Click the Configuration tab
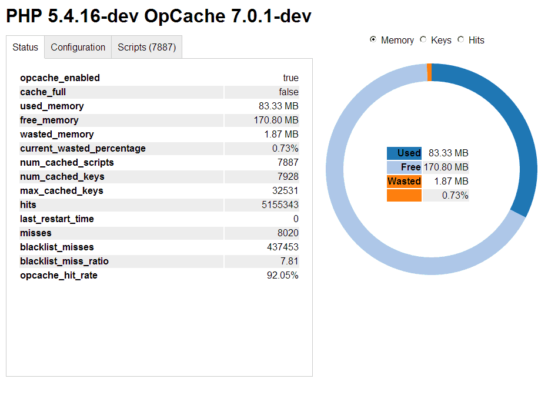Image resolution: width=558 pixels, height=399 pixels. pyautogui.click(x=78, y=48)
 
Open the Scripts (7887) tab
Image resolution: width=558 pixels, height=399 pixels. pyautogui.click(x=146, y=48)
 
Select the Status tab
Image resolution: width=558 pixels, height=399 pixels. pyautogui.click(x=25, y=48)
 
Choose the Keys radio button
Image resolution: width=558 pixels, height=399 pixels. pyautogui.click(x=423, y=40)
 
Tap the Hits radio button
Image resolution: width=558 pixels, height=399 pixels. pyautogui.click(x=461, y=40)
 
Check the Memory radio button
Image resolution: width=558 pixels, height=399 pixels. pyautogui.click(x=373, y=40)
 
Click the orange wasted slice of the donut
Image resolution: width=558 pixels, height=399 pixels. pyautogui.click(x=429, y=72)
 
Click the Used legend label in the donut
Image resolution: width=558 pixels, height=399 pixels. pyautogui.click(x=405, y=153)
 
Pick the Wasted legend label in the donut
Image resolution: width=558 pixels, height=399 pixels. pyautogui.click(x=405, y=182)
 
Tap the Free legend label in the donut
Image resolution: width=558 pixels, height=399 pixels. pyautogui.click(x=405, y=167)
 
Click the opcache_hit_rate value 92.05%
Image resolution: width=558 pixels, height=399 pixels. pyautogui.click(x=282, y=276)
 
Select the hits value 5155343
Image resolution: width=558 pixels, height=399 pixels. pyautogui.click(x=280, y=205)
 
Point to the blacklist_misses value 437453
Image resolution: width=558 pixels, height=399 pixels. pyautogui.click(x=282, y=247)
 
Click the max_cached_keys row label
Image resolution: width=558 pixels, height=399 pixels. pyautogui.click(x=62, y=191)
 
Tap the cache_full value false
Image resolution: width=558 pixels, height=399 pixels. pyautogui.click(x=289, y=92)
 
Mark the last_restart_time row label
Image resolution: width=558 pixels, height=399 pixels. pyautogui.click(x=57, y=219)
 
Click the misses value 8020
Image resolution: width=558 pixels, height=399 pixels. pyautogui.click(x=288, y=233)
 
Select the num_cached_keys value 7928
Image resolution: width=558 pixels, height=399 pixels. pyautogui.click(x=288, y=177)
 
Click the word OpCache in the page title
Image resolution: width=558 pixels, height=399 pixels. pyautogui.click(x=181, y=16)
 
